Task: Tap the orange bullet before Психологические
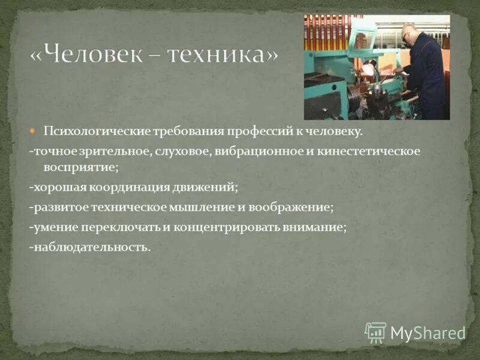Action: [x=34, y=130]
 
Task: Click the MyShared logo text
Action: [x=428, y=333]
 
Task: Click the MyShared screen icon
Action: [x=376, y=332]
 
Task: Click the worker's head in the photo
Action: [x=408, y=34]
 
